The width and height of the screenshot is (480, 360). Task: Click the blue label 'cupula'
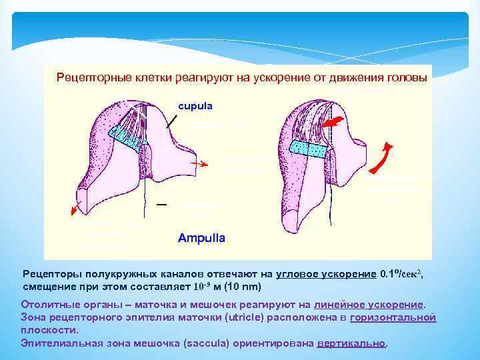pos(194,105)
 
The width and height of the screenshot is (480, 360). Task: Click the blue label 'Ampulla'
pos(201,237)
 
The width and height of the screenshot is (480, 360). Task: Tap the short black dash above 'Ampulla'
pos(161,205)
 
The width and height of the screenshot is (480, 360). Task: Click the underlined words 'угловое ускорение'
pos(330,274)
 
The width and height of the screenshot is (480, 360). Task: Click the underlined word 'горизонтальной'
pos(393,317)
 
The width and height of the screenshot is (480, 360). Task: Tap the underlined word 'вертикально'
pos(351,343)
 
